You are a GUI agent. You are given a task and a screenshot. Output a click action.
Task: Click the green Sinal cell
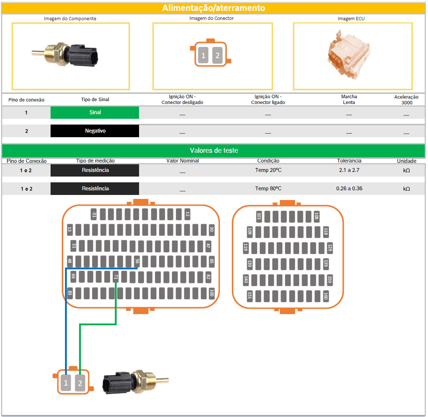[x=95, y=112]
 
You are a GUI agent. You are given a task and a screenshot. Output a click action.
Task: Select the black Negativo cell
[x=95, y=131]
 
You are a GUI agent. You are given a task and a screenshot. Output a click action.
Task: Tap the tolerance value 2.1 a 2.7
[x=349, y=170]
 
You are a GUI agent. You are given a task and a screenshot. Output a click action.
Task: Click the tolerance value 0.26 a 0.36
[x=349, y=188]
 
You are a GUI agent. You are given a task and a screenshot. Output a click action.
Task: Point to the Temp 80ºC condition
[x=268, y=188]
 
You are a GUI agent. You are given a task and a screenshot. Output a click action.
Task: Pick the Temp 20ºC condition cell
[x=268, y=170]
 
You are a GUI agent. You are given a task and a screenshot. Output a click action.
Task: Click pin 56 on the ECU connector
[x=137, y=261]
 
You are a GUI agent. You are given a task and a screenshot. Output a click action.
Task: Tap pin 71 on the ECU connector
[x=116, y=277]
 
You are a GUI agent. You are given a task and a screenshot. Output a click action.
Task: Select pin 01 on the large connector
[x=94, y=214]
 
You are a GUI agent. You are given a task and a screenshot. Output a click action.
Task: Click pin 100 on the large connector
[x=212, y=293]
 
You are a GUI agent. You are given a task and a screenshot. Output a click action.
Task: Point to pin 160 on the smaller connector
[x=325, y=296]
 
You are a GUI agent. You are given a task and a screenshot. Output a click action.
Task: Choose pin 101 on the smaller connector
[x=259, y=216]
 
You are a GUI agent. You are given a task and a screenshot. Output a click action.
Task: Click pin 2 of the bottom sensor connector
[x=80, y=383]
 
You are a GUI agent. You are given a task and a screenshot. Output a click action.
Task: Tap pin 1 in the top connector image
[x=203, y=55]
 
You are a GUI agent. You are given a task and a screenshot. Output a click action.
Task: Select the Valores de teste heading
[x=214, y=151]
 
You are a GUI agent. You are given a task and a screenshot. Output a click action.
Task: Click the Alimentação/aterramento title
[x=213, y=8]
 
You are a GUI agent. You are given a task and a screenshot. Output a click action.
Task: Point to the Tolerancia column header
[x=349, y=161]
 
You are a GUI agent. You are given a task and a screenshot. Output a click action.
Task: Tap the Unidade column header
[x=406, y=161]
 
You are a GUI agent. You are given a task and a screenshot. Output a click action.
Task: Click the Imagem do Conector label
[x=211, y=18]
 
